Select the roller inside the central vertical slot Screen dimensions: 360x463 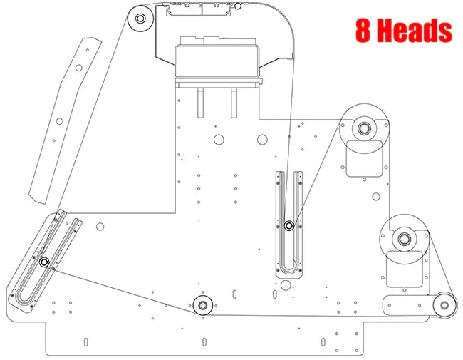289,226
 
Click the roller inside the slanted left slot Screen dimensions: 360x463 44,262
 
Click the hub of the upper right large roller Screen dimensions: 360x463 364,129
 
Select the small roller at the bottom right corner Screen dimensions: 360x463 444,305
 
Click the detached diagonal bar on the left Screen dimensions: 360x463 65,118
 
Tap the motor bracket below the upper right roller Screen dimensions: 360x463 365,160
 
